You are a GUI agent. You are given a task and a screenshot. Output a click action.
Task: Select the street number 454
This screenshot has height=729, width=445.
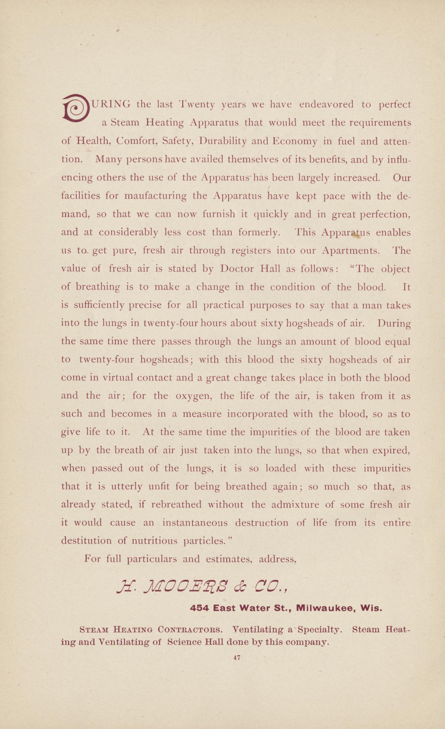(199, 608)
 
